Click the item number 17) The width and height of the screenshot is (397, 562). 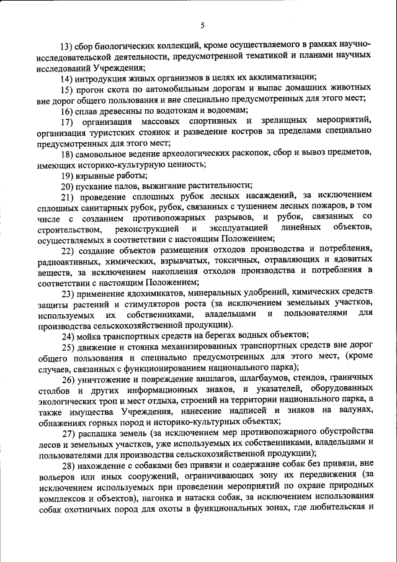pyautogui.click(x=68, y=121)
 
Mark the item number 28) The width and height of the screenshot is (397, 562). pyautogui.click(x=68, y=465)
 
